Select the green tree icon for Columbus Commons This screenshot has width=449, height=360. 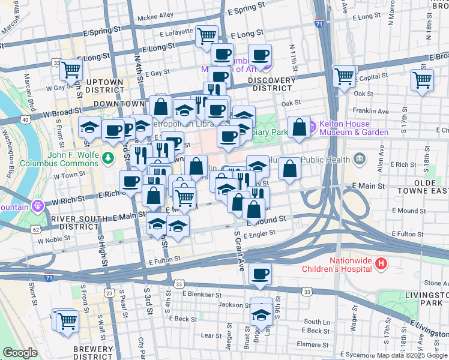point(107,158)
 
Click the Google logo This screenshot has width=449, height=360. point(20,353)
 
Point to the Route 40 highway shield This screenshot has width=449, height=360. point(25,120)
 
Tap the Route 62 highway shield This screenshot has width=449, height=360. point(37,229)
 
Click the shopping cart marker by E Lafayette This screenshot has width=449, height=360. point(206,35)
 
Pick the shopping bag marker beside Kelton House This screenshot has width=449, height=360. point(299,127)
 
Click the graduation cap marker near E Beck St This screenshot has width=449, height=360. point(261,313)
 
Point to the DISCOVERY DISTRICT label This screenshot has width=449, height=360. point(271,84)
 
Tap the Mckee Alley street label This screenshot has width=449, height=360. point(155,15)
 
